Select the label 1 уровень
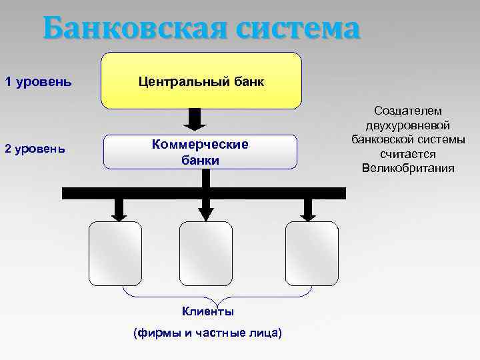coord(39,83)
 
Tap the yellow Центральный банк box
coord(201,81)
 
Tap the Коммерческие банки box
coord(200,152)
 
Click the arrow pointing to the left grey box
coord(119,209)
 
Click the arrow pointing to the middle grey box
coord(206,209)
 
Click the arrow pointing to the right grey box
coord(307,209)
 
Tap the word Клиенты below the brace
coord(208,311)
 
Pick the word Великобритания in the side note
coord(408,168)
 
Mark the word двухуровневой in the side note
coord(408,125)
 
